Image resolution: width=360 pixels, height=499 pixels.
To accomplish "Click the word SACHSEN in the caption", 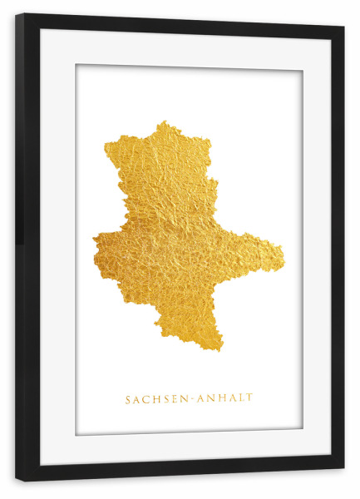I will pyautogui.click(x=157, y=399).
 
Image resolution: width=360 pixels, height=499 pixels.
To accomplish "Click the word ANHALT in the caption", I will pyautogui.click(x=225, y=399).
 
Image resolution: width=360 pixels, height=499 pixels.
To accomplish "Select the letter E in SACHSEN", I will pyautogui.click(x=175, y=399).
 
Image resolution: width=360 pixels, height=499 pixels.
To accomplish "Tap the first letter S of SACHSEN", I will pyautogui.click(x=128, y=399).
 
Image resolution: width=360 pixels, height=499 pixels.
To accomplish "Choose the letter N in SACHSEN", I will pyautogui.click(x=185, y=399).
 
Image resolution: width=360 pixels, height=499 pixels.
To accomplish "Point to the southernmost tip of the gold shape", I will pyautogui.click(x=219, y=350).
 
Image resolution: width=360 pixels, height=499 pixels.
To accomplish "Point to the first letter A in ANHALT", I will pyautogui.click(x=200, y=399).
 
